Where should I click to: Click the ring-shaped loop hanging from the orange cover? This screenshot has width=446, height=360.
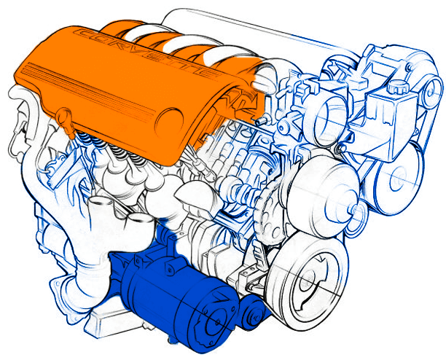64,117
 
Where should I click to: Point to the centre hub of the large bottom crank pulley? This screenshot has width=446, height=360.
308,281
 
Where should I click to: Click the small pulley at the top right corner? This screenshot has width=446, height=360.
432,90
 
